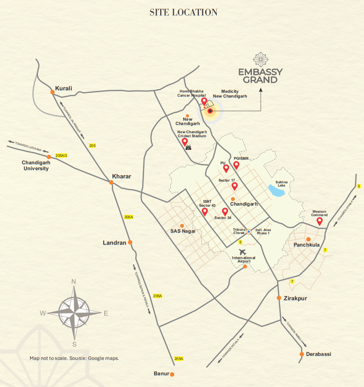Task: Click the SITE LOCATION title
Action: pos(183,12)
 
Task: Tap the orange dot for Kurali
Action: pos(52,92)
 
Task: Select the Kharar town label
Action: pos(122,176)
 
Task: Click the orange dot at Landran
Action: pos(130,242)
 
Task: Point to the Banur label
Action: pos(161,374)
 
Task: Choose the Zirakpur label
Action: pos(295,298)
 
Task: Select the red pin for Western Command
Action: pos(319,221)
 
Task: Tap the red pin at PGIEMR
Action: pos(236,165)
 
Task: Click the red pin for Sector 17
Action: pos(234,186)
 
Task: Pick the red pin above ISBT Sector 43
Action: pos(205,211)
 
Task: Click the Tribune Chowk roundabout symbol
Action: pos(249,232)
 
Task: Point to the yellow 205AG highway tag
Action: pos(61,155)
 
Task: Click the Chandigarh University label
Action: pos(35,166)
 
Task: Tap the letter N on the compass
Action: pos(74,282)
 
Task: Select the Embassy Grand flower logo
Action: pos(260,59)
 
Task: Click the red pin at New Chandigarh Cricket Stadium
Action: pos(185,141)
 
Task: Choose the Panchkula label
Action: pos(307,246)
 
